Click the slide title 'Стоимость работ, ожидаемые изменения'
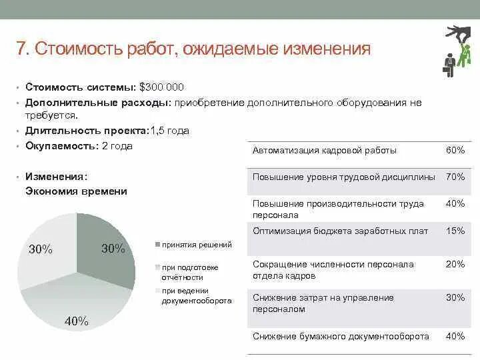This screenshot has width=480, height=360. coord(193,49)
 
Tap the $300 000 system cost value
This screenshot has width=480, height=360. coord(161,87)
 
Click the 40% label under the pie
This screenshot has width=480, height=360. coord(76,321)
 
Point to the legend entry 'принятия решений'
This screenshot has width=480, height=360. coord(196,245)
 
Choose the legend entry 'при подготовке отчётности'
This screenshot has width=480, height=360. coord(189,272)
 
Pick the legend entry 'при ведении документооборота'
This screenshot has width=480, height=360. coord(196,295)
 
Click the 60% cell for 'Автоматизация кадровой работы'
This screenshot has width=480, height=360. coord(455,151)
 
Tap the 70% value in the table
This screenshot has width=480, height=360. coord(455,177)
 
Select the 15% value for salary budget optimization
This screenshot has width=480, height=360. coord(455,231)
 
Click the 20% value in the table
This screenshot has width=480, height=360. coord(455,264)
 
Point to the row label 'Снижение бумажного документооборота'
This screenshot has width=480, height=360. coord(341,337)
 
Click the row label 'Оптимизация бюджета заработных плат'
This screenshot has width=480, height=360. coord(340,231)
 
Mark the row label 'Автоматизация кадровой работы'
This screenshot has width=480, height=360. coord(324,151)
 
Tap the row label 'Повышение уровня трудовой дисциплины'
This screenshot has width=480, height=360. coord(343,177)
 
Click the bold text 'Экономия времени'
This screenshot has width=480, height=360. coord(76,191)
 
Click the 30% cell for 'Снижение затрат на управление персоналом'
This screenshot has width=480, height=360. coord(455,297)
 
